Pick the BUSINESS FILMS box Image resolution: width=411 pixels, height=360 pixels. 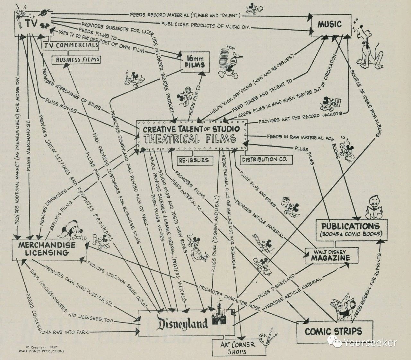click(x=76, y=59)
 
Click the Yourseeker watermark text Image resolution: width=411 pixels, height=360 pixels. click(x=369, y=343)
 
